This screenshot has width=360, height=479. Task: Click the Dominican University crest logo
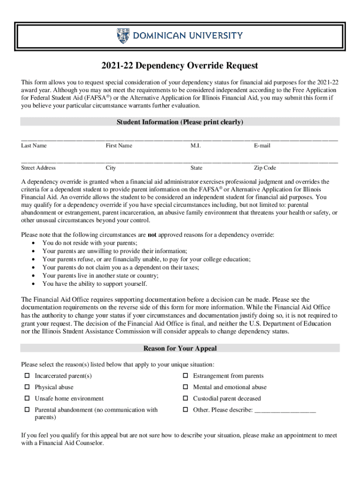coord(123,36)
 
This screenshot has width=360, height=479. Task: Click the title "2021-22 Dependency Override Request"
coord(180,66)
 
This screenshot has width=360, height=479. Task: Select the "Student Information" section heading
coord(180,122)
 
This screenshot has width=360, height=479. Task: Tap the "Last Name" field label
coord(34,145)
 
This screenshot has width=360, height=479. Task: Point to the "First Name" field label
coord(119,145)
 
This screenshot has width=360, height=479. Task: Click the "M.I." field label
coord(195,145)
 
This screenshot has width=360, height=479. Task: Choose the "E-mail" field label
coord(262,145)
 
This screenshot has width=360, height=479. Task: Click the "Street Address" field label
coord(38,168)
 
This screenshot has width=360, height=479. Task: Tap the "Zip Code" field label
coord(265,168)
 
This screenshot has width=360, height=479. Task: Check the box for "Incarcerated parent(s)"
coord(27,376)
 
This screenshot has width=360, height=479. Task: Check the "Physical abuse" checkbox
coord(27,387)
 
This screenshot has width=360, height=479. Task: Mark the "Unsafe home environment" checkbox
coord(27,399)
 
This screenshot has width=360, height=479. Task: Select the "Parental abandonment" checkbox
coord(27,410)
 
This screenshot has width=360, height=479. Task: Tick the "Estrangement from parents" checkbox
coord(185,376)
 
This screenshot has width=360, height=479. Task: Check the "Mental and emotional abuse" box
coord(185,387)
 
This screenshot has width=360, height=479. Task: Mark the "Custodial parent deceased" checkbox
coord(185,399)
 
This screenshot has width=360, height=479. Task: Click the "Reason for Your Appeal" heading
coord(180,348)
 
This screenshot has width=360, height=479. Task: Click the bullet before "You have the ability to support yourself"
coord(32,284)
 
